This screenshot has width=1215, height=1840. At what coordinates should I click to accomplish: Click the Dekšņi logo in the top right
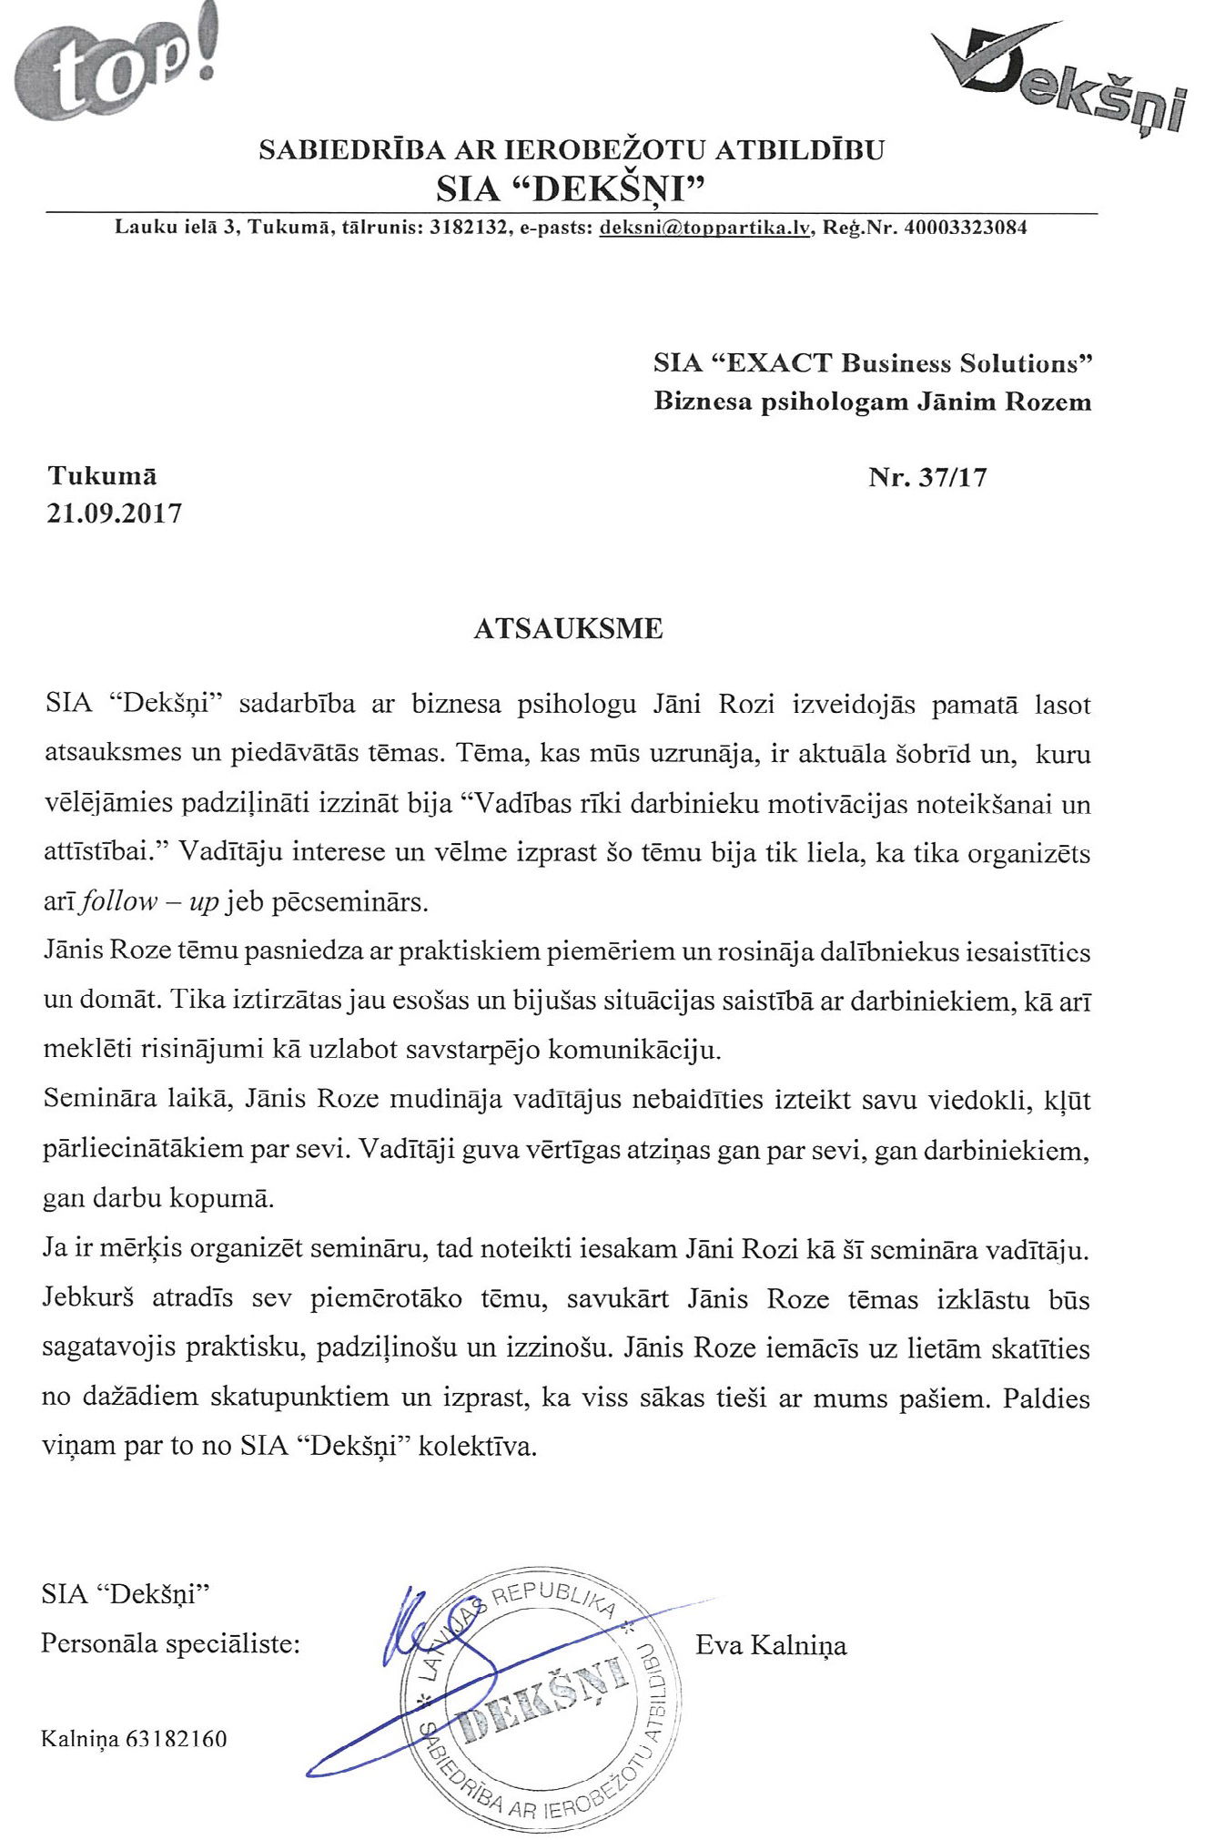coord(1060,82)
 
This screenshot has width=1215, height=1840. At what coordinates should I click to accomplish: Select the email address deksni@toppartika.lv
coord(704,228)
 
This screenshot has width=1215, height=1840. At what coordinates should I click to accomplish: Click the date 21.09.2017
coord(115,513)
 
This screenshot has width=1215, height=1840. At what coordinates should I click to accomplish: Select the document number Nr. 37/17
coord(927,477)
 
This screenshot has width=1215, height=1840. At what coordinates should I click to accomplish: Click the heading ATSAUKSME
coord(568,629)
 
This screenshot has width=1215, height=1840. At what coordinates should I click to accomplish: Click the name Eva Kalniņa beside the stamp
coord(771,1645)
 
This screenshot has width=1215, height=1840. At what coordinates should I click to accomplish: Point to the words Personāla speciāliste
coord(170,1643)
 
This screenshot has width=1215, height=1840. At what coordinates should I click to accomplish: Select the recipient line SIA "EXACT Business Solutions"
coord(873,363)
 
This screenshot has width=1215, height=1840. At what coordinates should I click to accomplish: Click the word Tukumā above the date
coord(102,476)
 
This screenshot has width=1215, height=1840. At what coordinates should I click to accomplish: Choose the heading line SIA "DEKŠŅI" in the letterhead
coord(572,188)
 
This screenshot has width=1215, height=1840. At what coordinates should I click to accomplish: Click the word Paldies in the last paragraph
coord(1046,1398)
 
